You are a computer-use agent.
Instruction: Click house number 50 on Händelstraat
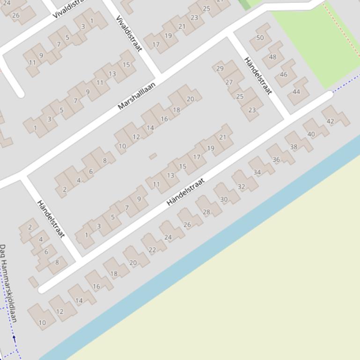[260, 37]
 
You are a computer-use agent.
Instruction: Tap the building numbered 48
[272, 57]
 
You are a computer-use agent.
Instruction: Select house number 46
[284, 74]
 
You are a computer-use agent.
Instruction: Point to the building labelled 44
[296, 92]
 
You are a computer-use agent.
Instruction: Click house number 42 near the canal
[331, 121]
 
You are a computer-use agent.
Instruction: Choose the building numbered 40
[311, 134]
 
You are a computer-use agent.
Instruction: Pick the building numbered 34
[257, 172]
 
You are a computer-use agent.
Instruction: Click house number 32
[242, 186]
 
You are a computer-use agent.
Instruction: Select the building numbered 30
[224, 199]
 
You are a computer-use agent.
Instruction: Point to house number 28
[206, 212]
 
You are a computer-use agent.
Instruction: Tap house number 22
[152, 250]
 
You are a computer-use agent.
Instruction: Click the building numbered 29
[220, 68]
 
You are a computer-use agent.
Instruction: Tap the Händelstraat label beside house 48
[258, 76]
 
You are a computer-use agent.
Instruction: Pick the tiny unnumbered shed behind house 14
[153, 156]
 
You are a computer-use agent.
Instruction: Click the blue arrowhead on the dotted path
[14, 337]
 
